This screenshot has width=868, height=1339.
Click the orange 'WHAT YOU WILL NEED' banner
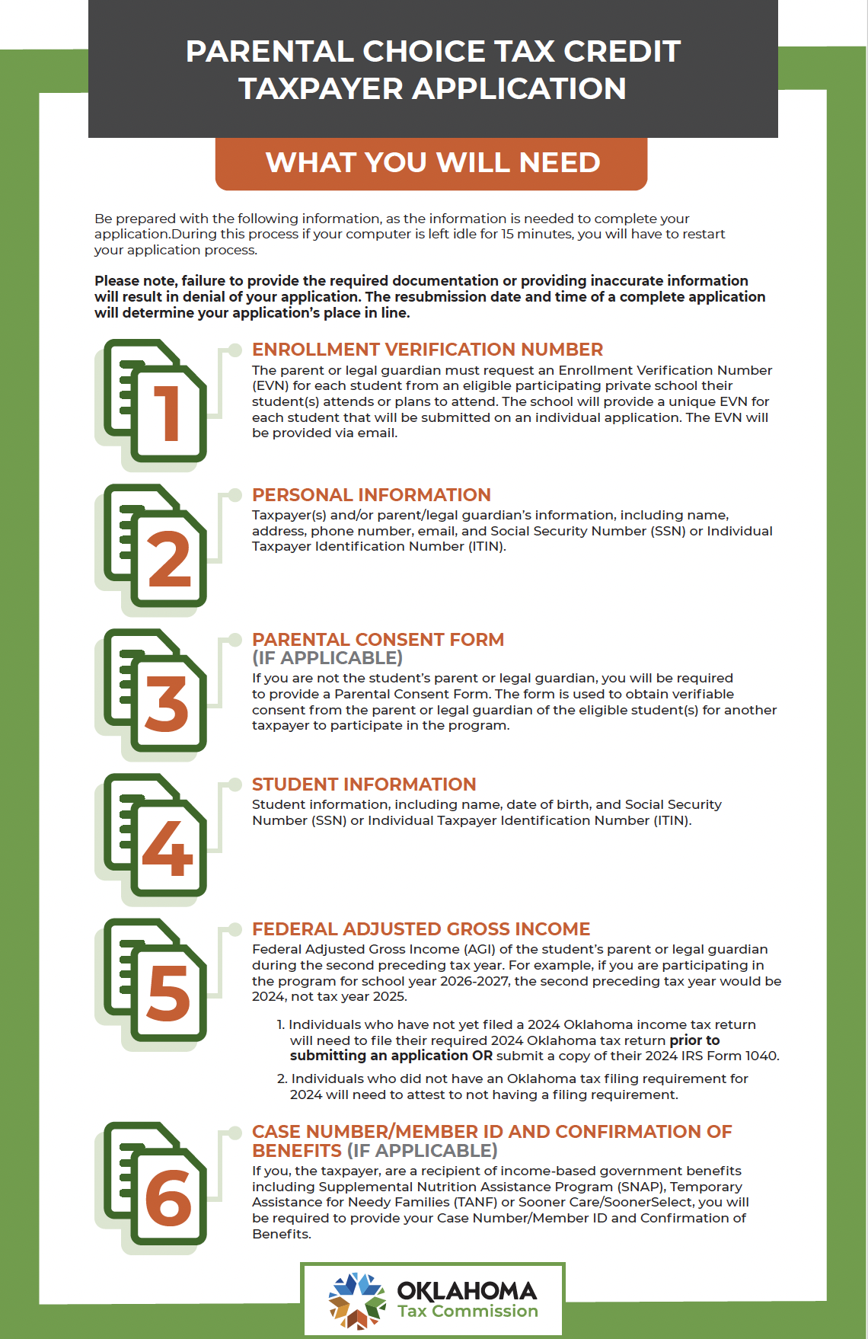click(x=432, y=163)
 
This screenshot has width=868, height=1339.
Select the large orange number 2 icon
click(x=168, y=559)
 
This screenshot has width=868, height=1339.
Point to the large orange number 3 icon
click(x=167, y=704)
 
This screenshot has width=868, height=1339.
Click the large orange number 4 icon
click(x=168, y=848)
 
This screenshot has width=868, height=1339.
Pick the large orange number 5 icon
click(x=168, y=993)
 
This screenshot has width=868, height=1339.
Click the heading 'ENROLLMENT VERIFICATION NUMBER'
click(x=427, y=350)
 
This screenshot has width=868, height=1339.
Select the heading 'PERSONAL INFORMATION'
click(x=371, y=495)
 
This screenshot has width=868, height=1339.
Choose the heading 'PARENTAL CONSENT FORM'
click(x=378, y=640)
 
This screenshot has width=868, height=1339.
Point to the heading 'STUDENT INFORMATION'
click(x=364, y=785)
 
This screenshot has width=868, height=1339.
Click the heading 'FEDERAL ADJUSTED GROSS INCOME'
click(x=421, y=929)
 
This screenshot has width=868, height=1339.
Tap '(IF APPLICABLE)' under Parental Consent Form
click(x=327, y=658)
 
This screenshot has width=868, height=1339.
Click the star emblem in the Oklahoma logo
click(x=356, y=1300)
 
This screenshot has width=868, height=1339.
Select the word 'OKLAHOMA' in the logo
click(x=467, y=1291)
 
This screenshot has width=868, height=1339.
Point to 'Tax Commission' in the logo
click(x=468, y=1312)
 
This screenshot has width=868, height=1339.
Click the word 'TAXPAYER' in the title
click(x=321, y=88)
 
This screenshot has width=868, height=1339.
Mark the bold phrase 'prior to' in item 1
click(x=694, y=1040)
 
